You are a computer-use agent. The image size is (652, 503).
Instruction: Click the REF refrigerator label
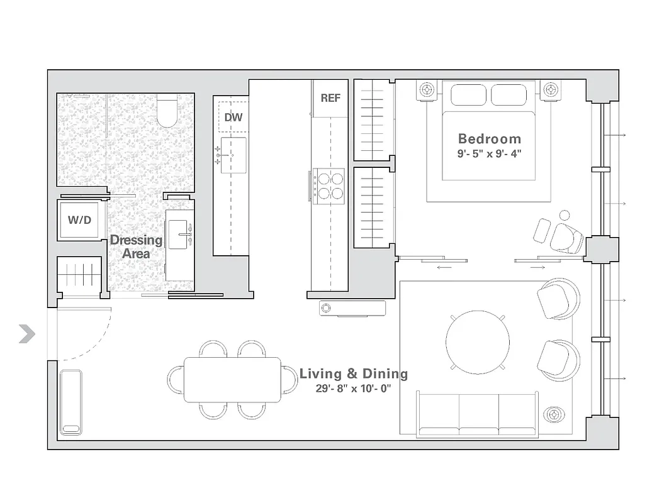pos(330,98)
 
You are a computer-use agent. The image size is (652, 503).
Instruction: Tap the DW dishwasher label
pos(233,117)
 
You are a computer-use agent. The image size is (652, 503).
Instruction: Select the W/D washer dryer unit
pos(80,221)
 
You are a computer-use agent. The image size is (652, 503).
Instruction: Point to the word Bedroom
pos(489,139)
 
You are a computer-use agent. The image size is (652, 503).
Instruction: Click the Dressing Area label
pos(136,246)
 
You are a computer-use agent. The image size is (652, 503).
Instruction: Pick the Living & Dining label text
pos(354,374)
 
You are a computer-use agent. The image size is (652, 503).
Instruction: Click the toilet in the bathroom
pos(167,111)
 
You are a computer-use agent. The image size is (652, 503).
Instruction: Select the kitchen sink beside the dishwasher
pos(233,151)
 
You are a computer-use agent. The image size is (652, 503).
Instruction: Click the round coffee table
pos(478,341)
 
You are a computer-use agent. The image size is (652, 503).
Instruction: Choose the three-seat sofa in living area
pos(478,413)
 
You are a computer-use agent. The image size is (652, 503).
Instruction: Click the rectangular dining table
pos(233,380)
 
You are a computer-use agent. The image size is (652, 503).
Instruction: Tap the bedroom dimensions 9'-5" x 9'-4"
pos(489,153)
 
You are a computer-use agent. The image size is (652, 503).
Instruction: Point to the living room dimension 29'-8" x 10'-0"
pos(354,389)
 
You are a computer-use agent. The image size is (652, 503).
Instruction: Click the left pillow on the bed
pos(469,95)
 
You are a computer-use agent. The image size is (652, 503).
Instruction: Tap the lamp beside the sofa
pos(554,416)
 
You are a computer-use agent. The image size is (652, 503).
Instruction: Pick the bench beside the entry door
pos(71,402)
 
